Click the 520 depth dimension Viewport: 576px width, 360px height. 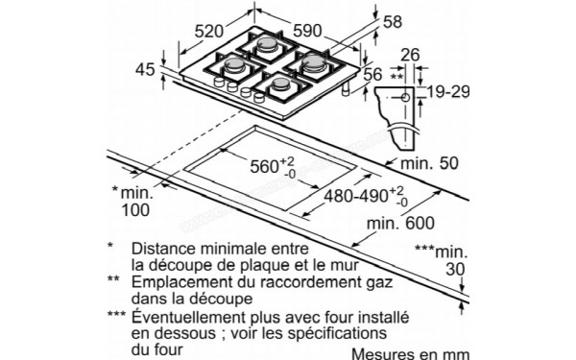coord(208,32)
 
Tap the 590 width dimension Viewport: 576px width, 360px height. coord(307,31)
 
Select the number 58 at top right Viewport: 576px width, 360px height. coord(393,22)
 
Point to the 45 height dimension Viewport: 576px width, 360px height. coord(145,70)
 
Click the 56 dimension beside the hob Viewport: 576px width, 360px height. coord(372,75)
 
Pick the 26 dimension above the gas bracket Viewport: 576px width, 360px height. coord(410,55)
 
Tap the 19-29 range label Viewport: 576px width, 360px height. coord(448,91)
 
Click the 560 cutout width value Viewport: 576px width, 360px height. coord(265,166)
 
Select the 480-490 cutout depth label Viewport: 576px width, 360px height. coord(355,196)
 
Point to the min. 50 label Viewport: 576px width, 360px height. coord(429,163)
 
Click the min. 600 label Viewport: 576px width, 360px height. coord(400,223)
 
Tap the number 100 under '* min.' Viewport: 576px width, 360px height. coord(135,210)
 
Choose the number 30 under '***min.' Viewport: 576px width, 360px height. coord(455,269)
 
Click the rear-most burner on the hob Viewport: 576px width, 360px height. coord(267,45)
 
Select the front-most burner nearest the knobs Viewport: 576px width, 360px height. coord(280,84)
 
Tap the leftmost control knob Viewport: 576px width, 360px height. coord(219,82)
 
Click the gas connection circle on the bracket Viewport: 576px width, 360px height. coord(405,98)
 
